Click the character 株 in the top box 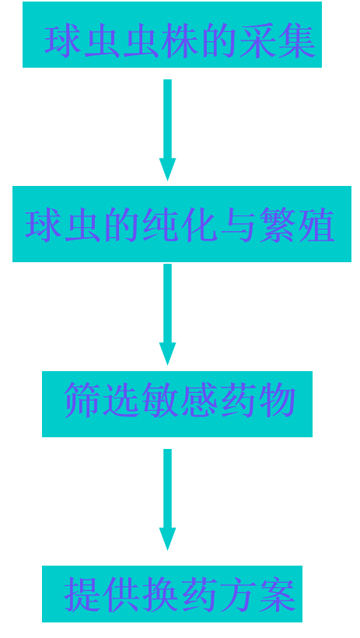coord(180,40)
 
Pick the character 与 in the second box coord(239,224)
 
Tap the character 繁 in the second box coord(278,224)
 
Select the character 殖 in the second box coord(317,224)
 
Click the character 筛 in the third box coord(82,400)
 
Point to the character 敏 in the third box coord(160,400)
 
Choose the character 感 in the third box coord(199,400)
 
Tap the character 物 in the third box coord(278,400)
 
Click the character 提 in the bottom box coord(82,594)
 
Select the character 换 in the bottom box coord(160,594)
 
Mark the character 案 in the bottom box coord(278,594)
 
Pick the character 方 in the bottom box coord(239,594)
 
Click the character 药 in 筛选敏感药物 coord(239,400)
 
